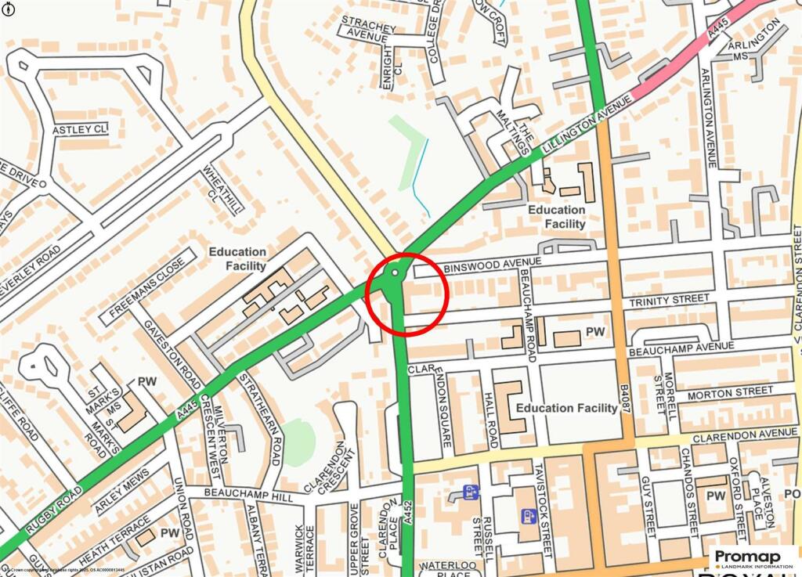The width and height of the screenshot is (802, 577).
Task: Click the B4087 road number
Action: pos(624,399)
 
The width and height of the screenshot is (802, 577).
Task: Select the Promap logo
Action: pos(756,557)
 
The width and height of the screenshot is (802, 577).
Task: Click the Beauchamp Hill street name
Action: pos(237,494)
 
